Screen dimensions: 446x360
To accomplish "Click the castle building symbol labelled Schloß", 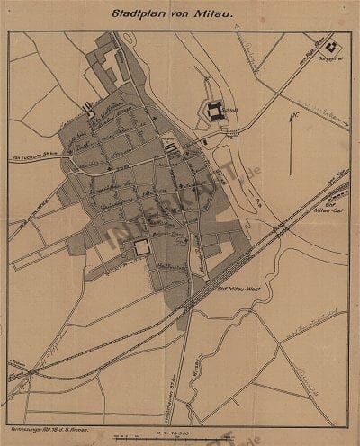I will (216, 112).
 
